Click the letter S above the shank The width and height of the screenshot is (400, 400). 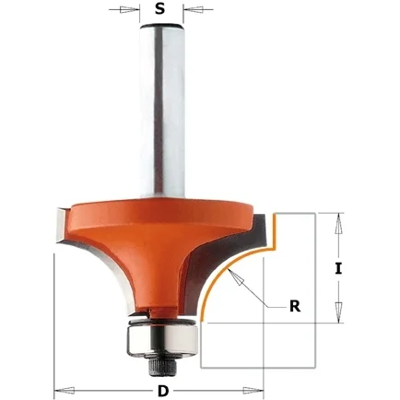[159, 9]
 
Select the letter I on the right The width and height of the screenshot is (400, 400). [338, 269]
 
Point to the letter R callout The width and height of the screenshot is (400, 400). [295, 306]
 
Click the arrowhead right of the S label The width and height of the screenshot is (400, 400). [194, 9]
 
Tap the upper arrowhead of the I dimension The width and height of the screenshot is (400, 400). [338, 224]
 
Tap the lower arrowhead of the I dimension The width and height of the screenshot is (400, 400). [338, 312]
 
